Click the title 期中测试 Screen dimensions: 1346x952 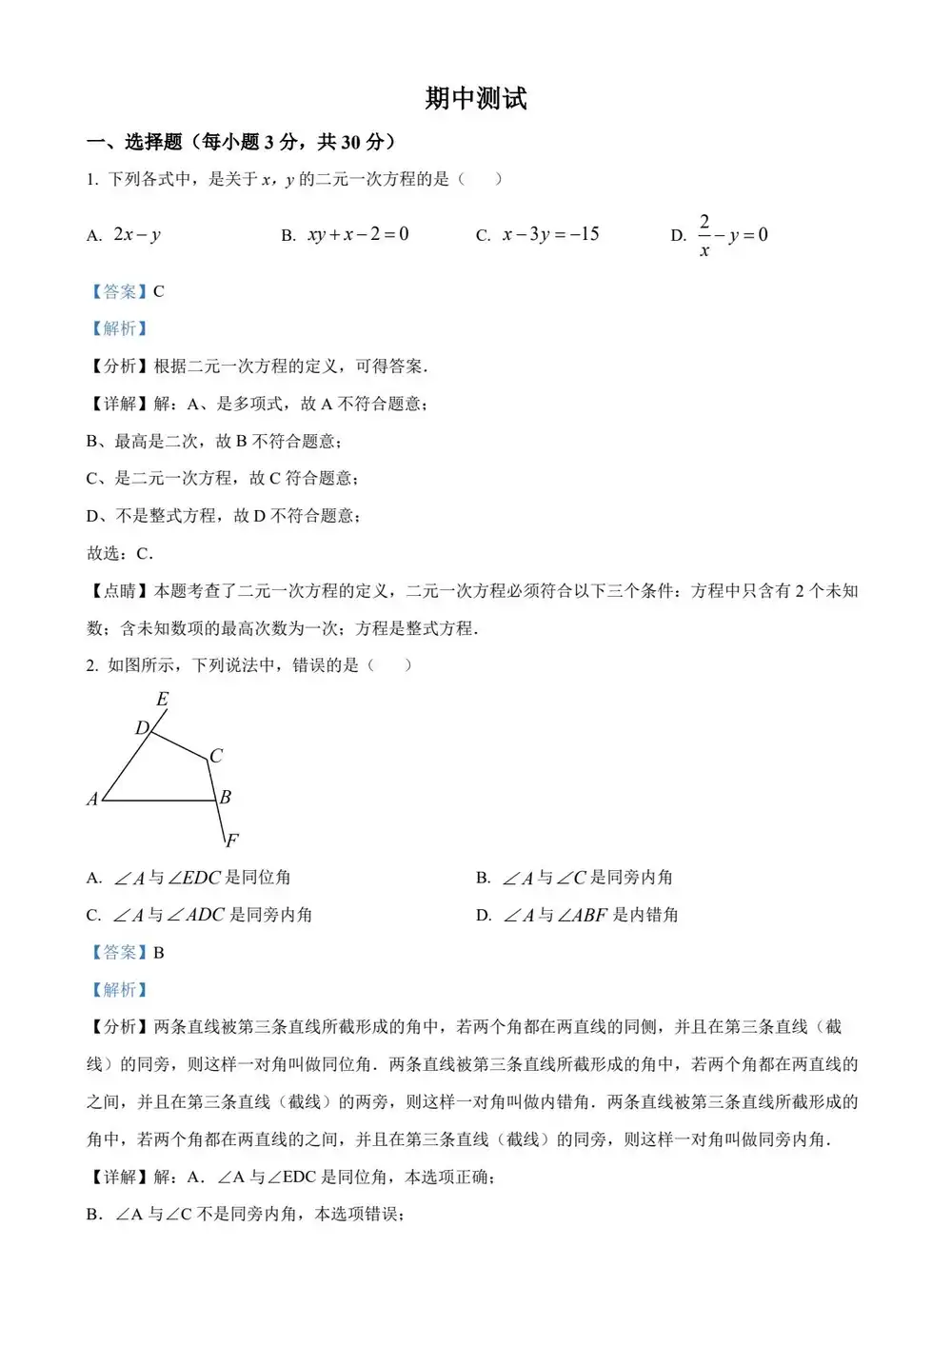(475, 99)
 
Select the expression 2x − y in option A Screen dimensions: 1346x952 (137, 235)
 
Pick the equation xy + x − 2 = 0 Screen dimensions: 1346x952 (358, 234)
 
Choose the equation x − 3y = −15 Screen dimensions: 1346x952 (550, 234)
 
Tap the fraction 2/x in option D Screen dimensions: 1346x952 (704, 235)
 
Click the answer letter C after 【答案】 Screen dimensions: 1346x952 (159, 291)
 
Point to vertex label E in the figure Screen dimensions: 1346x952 (163, 700)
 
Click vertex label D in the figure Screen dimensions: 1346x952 (142, 728)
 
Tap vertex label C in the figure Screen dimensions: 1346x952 (216, 756)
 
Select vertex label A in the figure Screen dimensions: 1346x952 (92, 800)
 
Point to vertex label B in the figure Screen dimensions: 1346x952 (226, 797)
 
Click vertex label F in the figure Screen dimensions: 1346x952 (231, 840)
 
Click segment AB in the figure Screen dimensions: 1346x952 (158, 801)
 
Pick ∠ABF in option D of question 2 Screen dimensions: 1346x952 (582, 915)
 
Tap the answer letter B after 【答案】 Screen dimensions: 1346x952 (159, 952)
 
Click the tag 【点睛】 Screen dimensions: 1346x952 (119, 591)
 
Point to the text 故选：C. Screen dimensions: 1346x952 (119, 553)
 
